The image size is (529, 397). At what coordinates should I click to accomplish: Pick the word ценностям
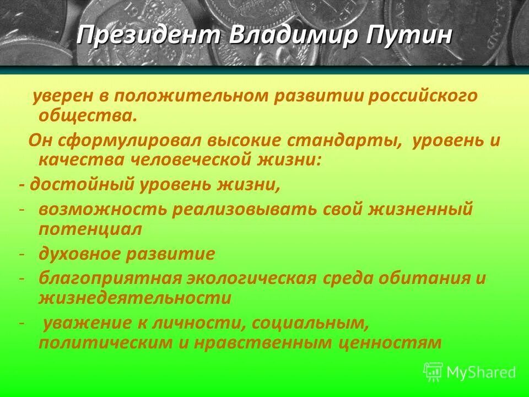tap(391, 342)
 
